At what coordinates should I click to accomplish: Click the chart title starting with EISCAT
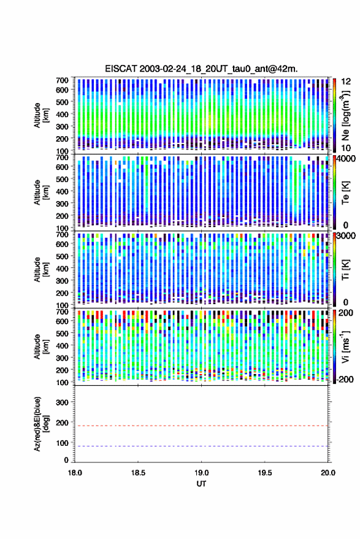(201, 69)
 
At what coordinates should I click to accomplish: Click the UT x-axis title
(201, 484)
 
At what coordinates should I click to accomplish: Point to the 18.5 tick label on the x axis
(138, 473)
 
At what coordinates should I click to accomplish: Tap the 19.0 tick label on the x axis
(201, 473)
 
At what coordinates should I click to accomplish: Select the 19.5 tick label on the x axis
(264, 473)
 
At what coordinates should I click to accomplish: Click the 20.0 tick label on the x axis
(327, 473)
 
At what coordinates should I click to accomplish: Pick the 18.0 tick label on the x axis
(75, 473)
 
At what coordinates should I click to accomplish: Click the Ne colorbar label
(345, 115)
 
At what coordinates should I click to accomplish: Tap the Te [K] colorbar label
(345, 193)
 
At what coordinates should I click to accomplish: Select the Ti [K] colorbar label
(345, 270)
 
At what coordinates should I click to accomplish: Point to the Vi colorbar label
(345, 346)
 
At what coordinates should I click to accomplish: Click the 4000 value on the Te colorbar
(346, 159)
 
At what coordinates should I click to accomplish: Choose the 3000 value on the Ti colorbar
(346, 236)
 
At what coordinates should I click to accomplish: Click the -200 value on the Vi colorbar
(345, 380)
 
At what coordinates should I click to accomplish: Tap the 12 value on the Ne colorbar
(347, 82)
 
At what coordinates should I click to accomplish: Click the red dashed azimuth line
(201, 426)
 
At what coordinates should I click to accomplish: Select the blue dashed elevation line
(201, 446)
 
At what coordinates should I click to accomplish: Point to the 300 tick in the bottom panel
(62, 402)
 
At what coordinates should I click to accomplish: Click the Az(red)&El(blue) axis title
(40, 424)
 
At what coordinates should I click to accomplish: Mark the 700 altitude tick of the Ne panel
(62, 80)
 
